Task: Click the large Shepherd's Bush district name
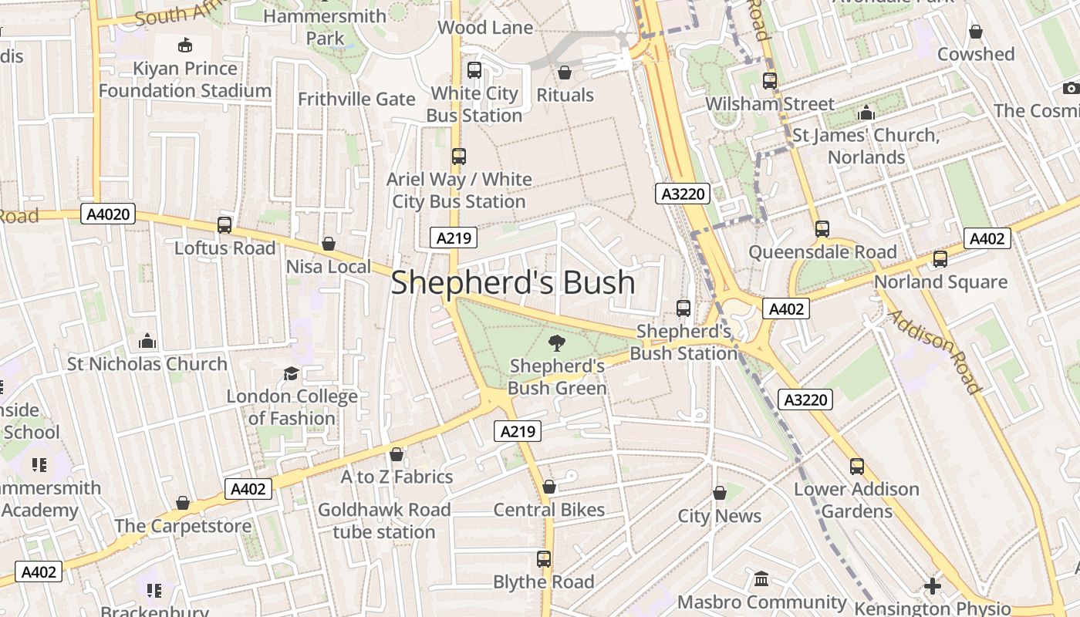tap(513, 283)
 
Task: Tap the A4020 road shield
tap(108, 214)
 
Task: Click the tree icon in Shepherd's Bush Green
tap(556, 343)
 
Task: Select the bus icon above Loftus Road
tap(224, 225)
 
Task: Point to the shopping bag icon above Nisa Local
tap(329, 244)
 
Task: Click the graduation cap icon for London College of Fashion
tap(291, 374)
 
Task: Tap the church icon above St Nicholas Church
tap(147, 341)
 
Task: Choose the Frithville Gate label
tap(356, 99)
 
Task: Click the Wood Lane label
tap(484, 28)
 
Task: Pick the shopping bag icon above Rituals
tap(565, 72)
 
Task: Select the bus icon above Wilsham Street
tap(769, 80)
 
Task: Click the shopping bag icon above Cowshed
tap(976, 32)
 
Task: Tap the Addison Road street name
tap(933, 352)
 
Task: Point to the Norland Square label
tap(940, 282)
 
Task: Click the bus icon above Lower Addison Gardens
tap(857, 466)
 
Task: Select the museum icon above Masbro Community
tap(761, 578)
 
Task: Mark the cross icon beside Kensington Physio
tap(933, 586)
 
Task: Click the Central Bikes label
tap(548, 510)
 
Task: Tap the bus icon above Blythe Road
tap(544, 558)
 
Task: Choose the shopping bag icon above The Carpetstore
tap(183, 503)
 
